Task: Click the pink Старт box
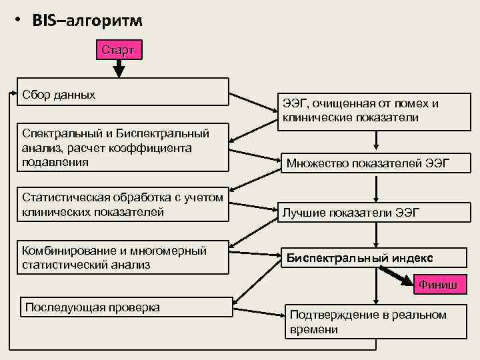coord(119,50)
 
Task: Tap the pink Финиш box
coord(437,285)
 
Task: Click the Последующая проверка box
coord(123,307)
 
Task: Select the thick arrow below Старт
coord(119,67)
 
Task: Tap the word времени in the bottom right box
coord(314,329)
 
